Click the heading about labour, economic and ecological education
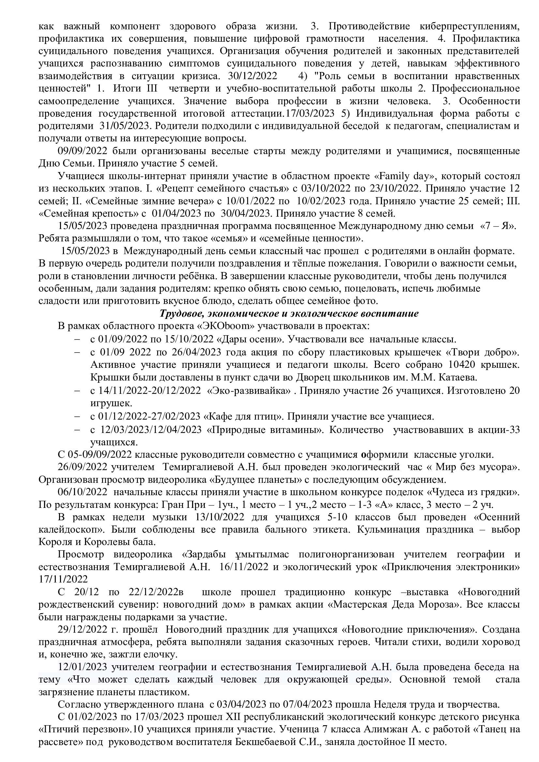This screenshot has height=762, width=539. [289, 314]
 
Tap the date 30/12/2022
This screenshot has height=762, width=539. [252, 76]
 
